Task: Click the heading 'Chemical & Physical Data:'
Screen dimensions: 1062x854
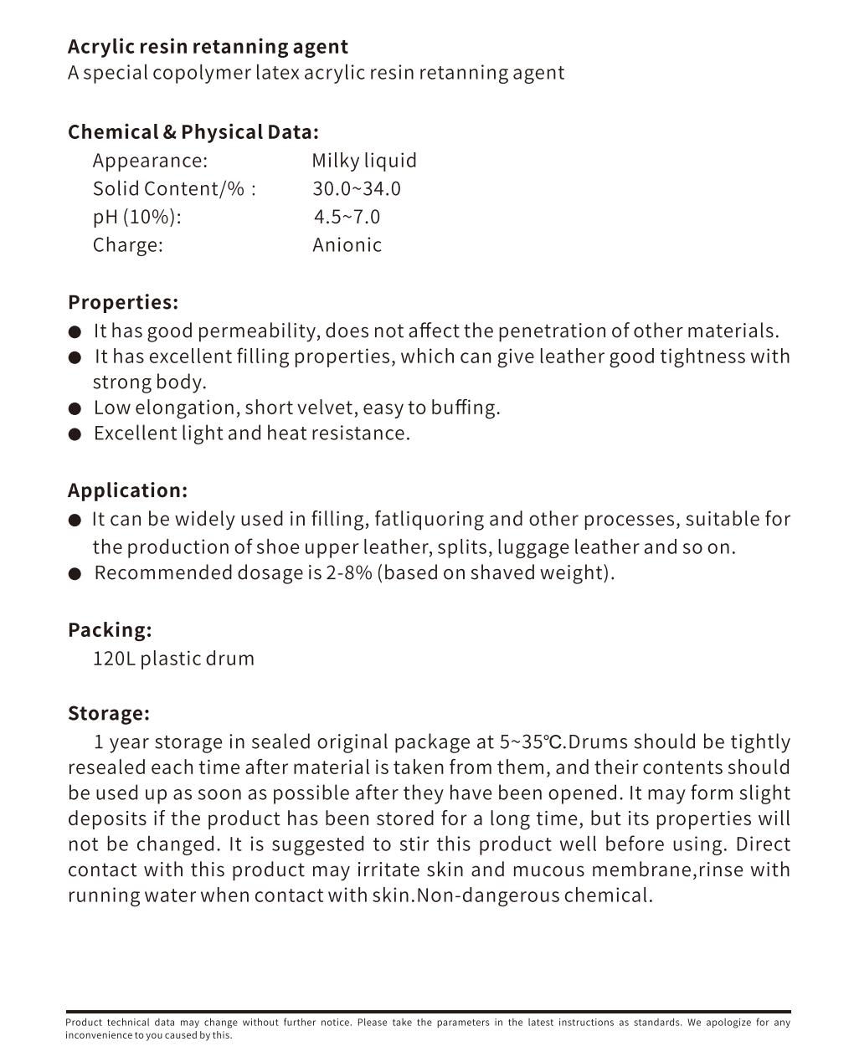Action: point(193,132)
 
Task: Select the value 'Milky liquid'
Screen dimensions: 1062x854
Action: point(364,161)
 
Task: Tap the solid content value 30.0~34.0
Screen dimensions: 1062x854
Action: point(357,189)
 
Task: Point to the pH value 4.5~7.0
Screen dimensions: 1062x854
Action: point(347,218)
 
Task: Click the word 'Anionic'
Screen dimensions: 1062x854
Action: point(347,245)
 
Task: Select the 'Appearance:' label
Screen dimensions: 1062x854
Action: point(150,161)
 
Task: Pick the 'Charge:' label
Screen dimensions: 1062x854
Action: point(127,245)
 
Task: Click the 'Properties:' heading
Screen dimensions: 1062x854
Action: point(123,302)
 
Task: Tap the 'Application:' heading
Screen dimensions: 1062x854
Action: point(127,490)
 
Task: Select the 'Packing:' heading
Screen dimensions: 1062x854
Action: point(110,630)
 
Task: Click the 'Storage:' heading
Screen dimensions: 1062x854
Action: point(109,714)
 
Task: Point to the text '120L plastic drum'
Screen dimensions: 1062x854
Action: point(173,659)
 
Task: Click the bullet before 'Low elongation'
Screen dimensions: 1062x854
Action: point(75,409)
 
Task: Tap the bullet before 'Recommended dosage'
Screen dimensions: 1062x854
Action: point(75,574)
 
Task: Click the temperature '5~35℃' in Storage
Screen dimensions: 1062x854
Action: point(532,742)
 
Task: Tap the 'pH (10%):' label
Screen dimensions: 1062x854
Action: point(136,218)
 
